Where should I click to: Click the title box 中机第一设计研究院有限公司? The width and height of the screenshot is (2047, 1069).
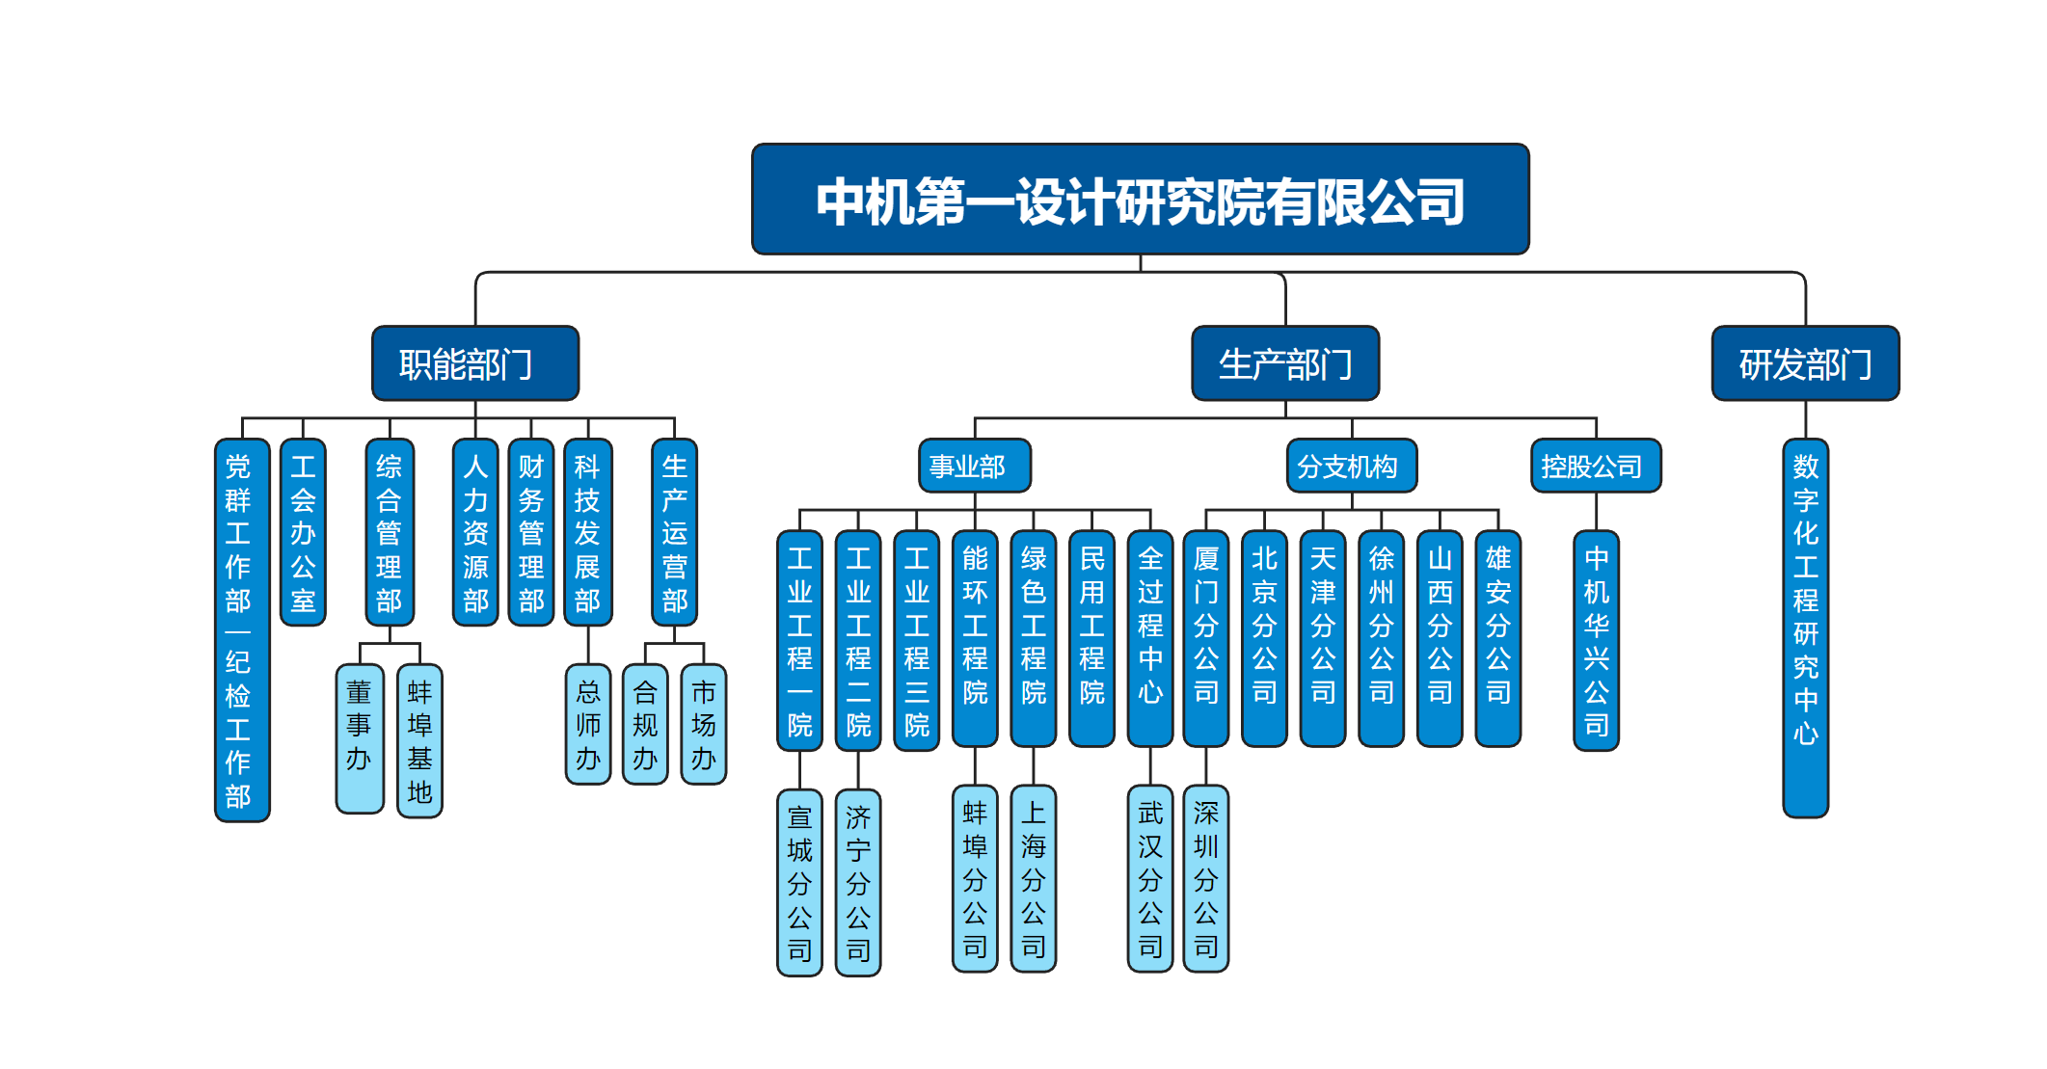[x=1140, y=200]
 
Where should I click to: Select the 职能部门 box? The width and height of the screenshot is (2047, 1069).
[x=475, y=363]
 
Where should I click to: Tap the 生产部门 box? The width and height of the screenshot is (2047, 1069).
[x=1285, y=363]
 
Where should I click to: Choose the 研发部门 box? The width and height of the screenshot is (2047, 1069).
[x=1805, y=363]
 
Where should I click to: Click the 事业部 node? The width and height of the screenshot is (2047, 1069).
[x=974, y=467]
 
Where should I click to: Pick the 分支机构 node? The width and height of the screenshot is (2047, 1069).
[x=1351, y=467]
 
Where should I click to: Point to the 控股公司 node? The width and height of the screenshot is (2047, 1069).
[x=1596, y=467]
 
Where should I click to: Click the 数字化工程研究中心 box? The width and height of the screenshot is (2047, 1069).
[x=1805, y=627]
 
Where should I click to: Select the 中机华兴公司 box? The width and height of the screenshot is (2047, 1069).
[x=1596, y=640]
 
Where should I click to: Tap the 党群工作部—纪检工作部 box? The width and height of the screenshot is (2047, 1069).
[x=241, y=629]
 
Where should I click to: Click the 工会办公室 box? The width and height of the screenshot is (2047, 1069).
[x=303, y=532]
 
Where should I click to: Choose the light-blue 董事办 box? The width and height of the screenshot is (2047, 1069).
[x=360, y=737]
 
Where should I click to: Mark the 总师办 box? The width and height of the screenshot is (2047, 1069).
[x=587, y=724]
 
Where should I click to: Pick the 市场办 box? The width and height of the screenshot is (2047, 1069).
[x=703, y=724]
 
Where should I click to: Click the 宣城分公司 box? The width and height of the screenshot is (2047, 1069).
[x=799, y=882]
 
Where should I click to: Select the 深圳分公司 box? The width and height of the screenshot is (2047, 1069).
[x=1205, y=878]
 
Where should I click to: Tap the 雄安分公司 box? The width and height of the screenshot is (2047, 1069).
[x=1497, y=638]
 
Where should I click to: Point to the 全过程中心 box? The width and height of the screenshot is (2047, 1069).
[x=1149, y=638]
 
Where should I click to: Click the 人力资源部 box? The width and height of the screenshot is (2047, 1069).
[x=475, y=532]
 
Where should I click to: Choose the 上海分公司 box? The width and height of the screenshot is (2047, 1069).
[x=1033, y=878]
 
